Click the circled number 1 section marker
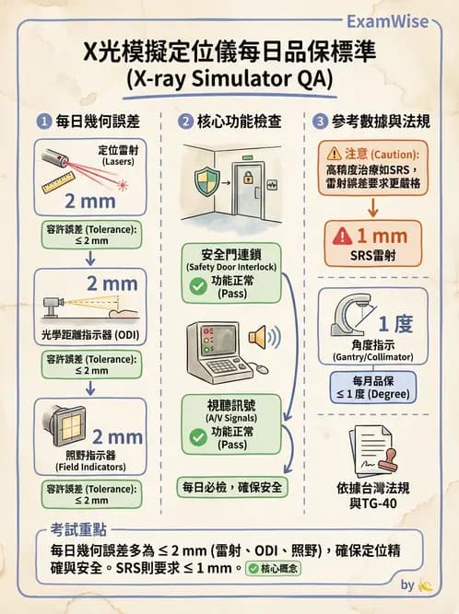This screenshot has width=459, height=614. [x=43, y=121]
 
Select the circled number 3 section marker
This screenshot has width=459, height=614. [x=319, y=121]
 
